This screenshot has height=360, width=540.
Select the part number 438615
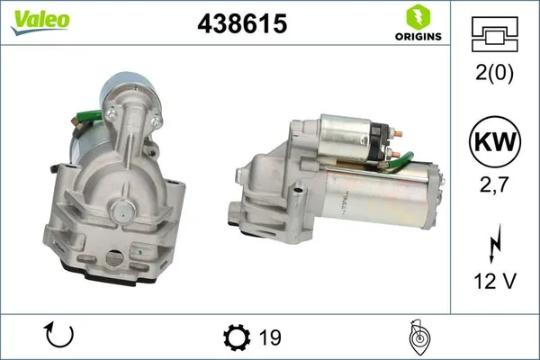click(x=242, y=24)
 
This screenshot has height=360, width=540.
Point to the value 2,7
click(x=493, y=186)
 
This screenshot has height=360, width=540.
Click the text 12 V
click(x=493, y=282)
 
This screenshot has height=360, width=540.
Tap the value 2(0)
click(x=493, y=75)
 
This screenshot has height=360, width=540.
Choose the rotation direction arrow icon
click(x=58, y=337)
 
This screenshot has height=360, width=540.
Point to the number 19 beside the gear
click(x=268, y=337)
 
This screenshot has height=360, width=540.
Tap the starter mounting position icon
click(x=419, y=337)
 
